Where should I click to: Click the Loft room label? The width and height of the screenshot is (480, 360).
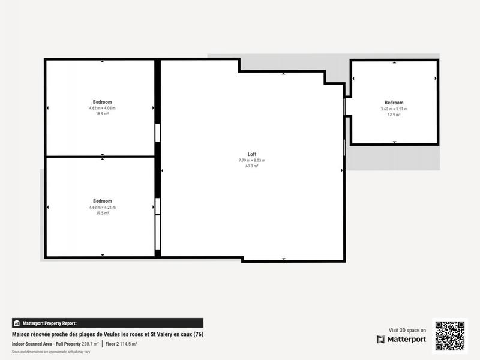(252, 154)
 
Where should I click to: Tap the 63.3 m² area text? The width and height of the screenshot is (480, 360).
(252, 166)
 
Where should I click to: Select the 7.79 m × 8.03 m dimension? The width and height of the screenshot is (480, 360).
(252, 160)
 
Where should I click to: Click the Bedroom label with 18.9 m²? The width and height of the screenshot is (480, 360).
(102, 102)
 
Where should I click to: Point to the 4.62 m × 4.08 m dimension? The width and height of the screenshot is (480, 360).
(102, 108)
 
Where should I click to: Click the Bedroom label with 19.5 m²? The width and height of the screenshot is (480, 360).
(102, 201)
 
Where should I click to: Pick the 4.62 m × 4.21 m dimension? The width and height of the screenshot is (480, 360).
(102, 207)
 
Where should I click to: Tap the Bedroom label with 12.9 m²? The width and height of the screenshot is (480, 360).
(394, 103)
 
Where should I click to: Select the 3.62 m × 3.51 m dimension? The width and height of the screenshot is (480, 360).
(394, 109)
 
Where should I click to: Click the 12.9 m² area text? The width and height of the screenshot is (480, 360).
(394, 115)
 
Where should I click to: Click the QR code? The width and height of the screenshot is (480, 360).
(449, 336)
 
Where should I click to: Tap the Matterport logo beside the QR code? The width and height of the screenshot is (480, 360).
(401, 340)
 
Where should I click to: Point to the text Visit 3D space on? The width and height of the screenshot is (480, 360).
(407, 330)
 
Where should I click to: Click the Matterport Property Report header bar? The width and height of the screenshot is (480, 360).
(107, 323)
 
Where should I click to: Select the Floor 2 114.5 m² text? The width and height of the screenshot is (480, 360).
(121, 344)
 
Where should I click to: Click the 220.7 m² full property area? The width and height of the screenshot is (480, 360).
(90, 344)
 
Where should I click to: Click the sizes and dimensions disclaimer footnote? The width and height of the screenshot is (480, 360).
(51, 352)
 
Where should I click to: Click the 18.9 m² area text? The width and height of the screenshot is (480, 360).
(102, 113)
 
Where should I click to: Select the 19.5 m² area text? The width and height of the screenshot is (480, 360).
(102, 213)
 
